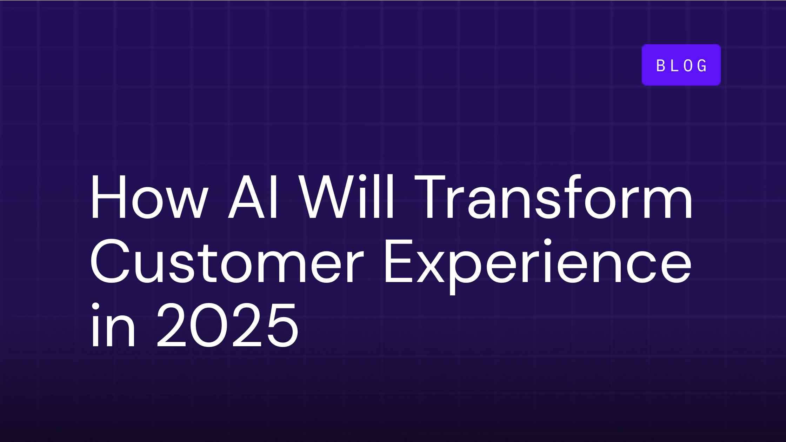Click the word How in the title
tap(149, 197)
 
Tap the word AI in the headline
tap(254, 197)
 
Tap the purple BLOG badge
tap(681, 65)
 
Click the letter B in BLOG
tap(661, 66)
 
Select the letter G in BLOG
tap(702, 66)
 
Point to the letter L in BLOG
tap(674, 66)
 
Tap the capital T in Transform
tap(430, 197)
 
